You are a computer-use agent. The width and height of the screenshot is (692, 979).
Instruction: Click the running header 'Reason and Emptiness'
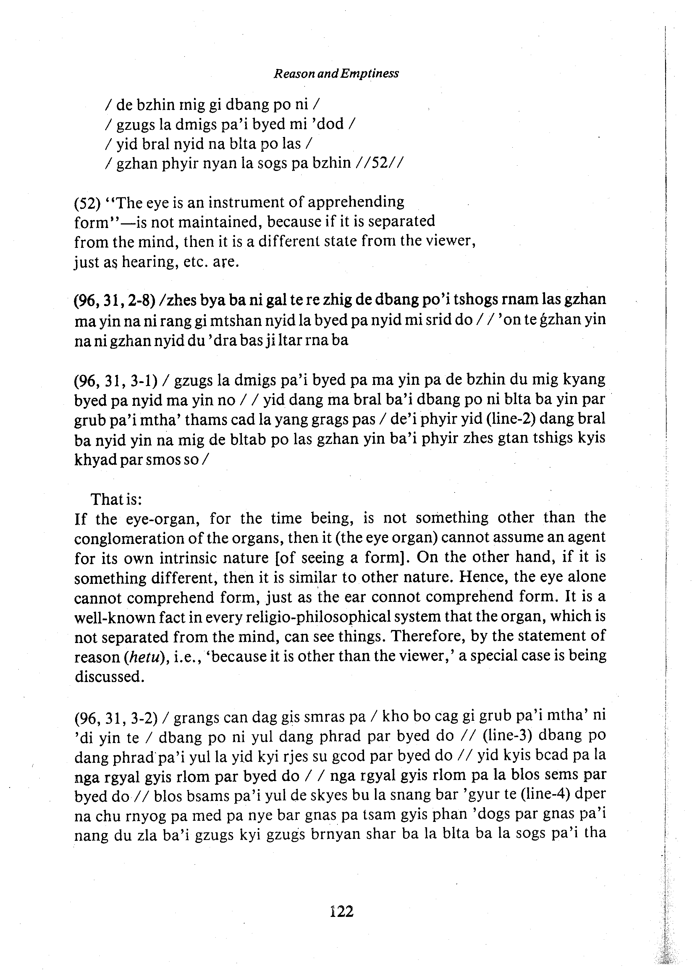[336, 74]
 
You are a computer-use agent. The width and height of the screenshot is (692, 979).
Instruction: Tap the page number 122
[342, 911]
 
